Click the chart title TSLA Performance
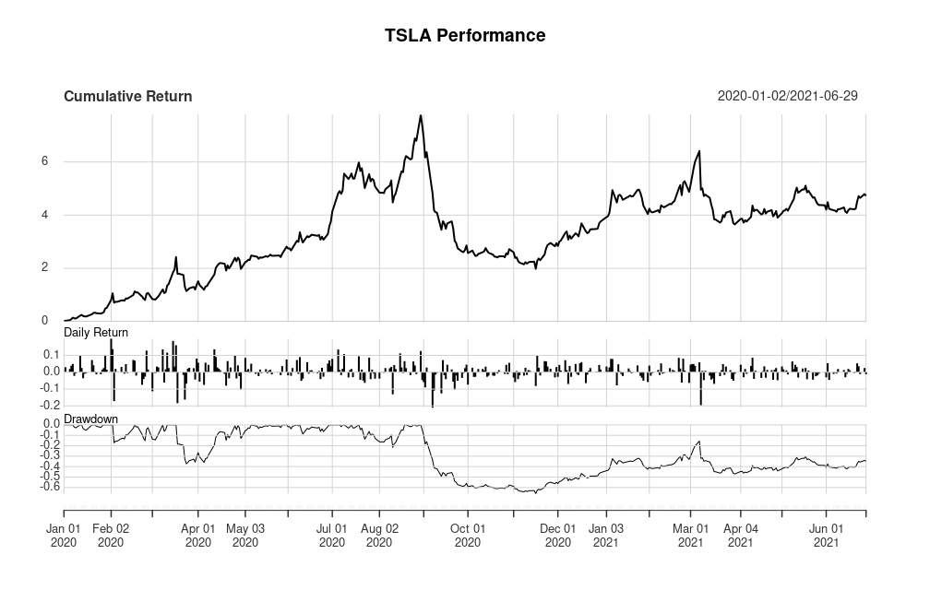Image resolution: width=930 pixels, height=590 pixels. [465, 36]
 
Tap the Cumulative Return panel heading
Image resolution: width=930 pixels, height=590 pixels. [127, 96]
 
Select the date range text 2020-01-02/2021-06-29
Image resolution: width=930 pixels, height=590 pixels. [787, 96]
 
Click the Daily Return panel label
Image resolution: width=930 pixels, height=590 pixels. [96, 332]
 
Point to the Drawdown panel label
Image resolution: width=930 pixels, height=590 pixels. [90, 419]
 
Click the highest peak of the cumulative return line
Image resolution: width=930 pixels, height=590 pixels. [421, 115]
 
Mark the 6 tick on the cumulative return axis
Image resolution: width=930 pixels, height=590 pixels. [43, 161]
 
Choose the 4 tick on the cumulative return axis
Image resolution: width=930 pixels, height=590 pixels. [43, 215]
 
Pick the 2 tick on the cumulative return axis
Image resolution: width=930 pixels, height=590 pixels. [43, 268]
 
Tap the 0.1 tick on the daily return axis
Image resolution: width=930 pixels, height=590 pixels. [52, 354]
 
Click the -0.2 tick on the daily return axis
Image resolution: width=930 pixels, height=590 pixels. [50, 405]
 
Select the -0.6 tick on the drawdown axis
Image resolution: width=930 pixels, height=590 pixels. [50, 486]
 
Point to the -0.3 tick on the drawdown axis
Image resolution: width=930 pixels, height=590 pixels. [50, 454]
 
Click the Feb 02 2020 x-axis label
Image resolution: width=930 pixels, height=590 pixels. [111, 536]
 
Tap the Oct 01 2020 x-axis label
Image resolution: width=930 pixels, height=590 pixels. [467, 536]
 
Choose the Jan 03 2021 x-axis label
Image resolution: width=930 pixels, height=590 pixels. [606, 536]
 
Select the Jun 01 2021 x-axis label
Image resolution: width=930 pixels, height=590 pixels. [826, 536]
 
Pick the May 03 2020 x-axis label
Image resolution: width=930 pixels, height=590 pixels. [244, 536]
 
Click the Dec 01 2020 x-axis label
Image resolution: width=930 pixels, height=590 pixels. [557, 536]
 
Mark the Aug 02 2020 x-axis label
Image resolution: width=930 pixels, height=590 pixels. [379, 536]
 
